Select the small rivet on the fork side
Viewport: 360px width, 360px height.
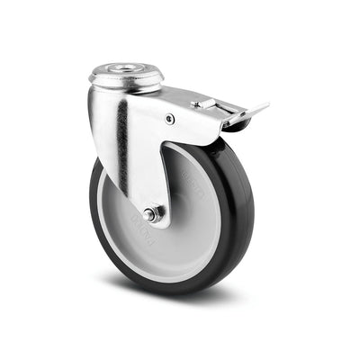tap(170, 118)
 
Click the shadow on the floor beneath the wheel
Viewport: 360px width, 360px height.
tap(180, 301)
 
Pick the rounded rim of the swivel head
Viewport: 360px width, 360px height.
tap(126, 81)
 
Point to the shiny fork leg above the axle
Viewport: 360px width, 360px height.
tap(148, 162)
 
